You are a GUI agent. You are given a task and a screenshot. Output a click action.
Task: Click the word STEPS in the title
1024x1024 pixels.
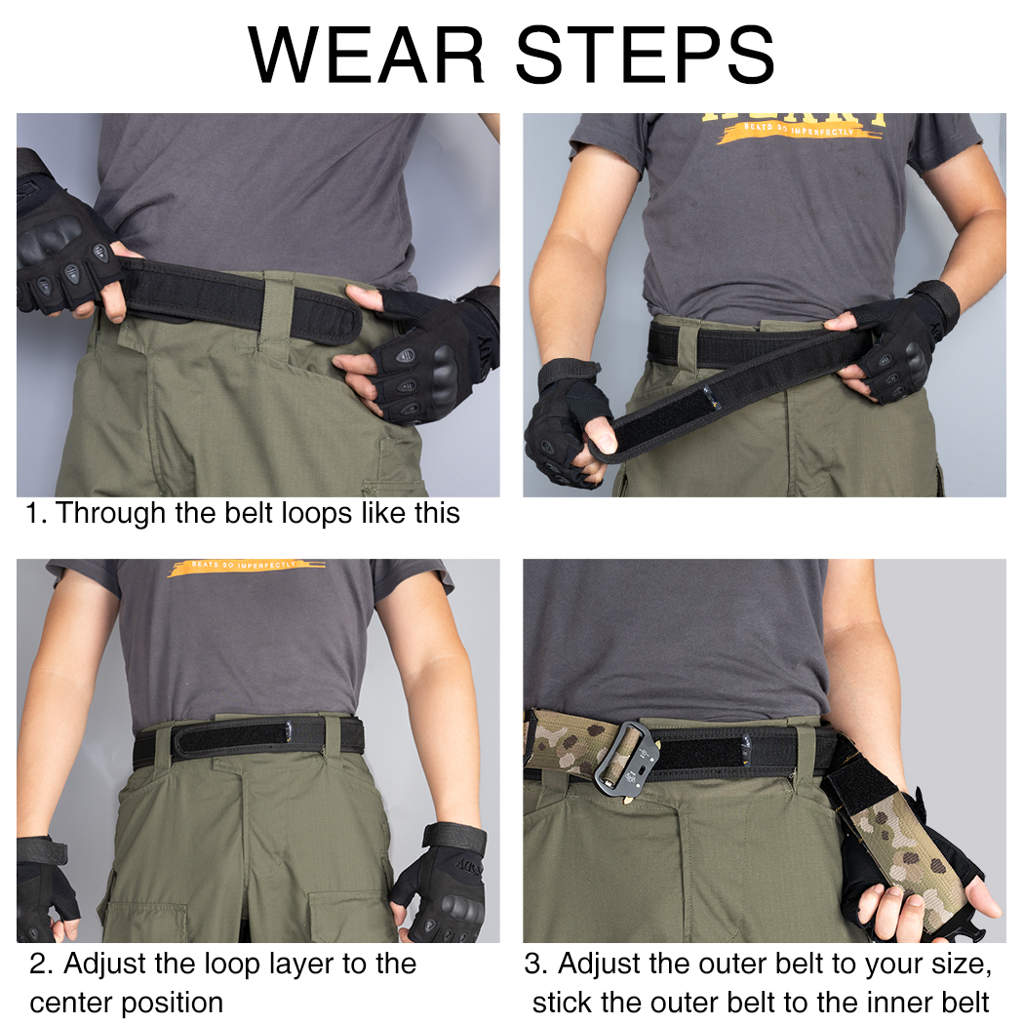[x=644, y=55]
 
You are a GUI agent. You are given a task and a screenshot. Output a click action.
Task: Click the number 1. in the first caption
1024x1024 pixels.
[x=36, y=514]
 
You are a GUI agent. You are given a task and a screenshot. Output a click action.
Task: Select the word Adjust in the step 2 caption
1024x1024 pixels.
[x=105, y=965]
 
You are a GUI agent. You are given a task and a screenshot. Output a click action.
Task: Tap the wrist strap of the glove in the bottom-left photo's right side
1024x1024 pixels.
[x=454, y=838]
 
